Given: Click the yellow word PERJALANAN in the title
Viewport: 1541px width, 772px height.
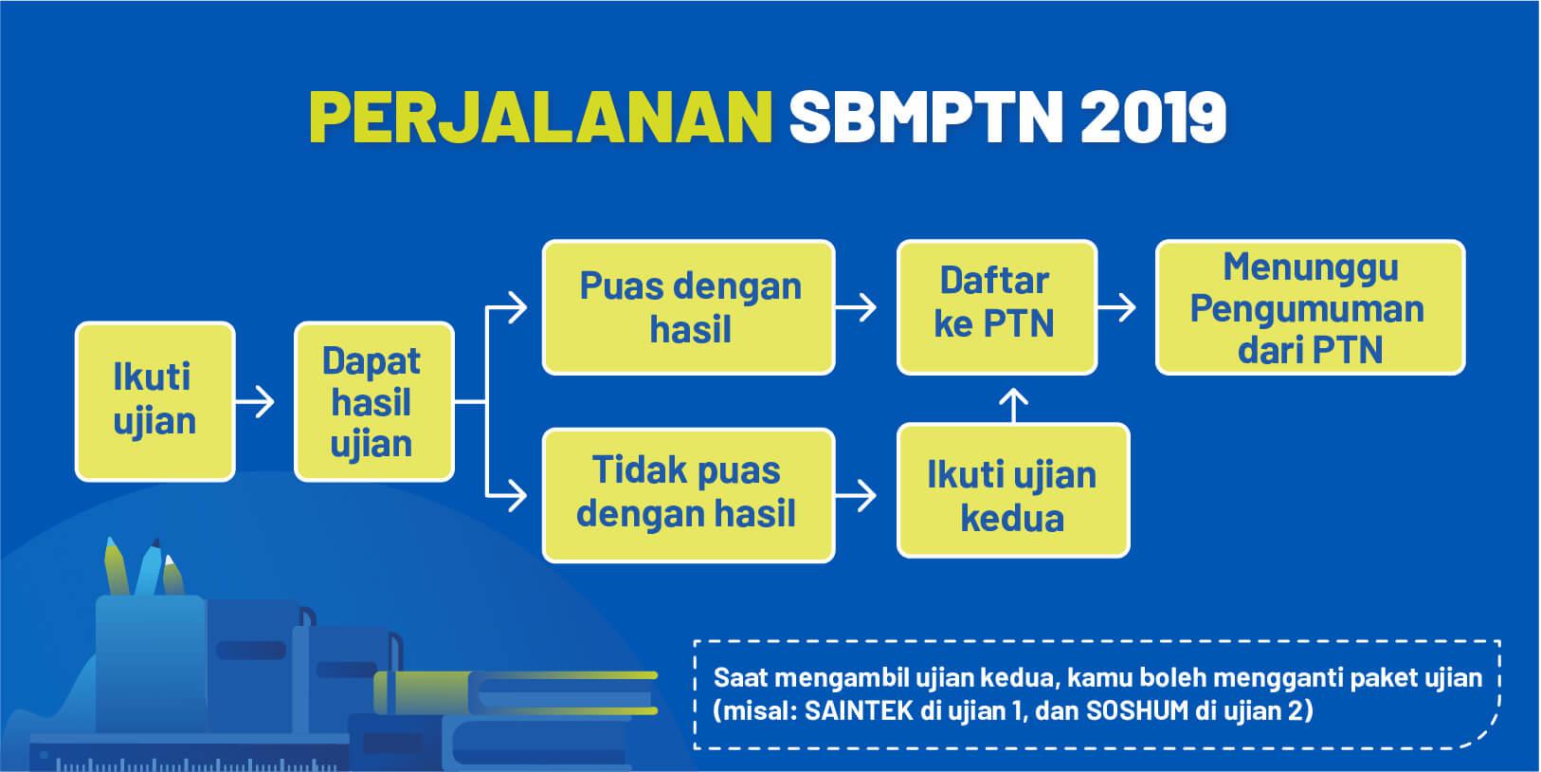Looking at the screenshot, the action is (x=541, y=117).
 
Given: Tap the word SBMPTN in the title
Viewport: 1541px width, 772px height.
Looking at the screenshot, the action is (x=927, y=117).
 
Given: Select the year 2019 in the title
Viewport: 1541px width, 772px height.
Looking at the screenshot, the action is (x=1153, y=117).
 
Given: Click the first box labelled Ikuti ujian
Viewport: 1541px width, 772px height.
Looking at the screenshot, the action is (x=154, y=401).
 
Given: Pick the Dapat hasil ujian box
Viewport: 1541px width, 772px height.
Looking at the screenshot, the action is (x=373, y=401).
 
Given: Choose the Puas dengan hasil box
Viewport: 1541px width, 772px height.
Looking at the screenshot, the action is (x=689, y=307).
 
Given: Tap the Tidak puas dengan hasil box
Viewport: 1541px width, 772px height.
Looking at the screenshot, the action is (x=689, y=495).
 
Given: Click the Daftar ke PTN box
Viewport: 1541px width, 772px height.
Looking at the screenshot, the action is (x=997, y=307).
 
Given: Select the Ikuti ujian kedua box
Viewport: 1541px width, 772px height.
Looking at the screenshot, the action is (x=1013, y=489).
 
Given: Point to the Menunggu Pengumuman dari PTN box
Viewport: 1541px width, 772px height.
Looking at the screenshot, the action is (x=1311, y=307).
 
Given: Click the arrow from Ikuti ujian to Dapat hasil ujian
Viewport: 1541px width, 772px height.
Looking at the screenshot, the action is (x=255, y=401).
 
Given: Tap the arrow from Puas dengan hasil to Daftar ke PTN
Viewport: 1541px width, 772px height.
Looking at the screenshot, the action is (x=856, y=307).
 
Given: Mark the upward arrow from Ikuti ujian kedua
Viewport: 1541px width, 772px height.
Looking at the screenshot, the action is (x=1013, y=406).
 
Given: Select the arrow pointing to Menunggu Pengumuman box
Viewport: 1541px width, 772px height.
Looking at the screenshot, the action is (x=1116, y=307).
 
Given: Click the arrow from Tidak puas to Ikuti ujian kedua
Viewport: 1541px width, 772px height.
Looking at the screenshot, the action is (x=856, y=495).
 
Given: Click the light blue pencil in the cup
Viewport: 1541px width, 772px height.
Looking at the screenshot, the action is (x=150, y=566).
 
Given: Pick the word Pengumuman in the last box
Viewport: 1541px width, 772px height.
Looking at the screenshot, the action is (x=1307, y=309).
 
